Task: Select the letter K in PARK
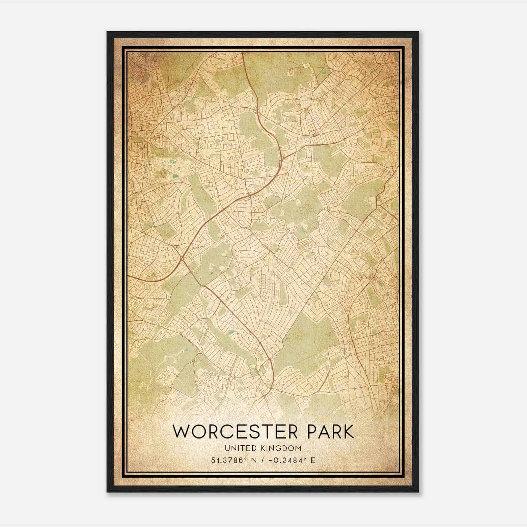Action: coord(348,432)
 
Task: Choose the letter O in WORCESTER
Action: coord(198,432)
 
